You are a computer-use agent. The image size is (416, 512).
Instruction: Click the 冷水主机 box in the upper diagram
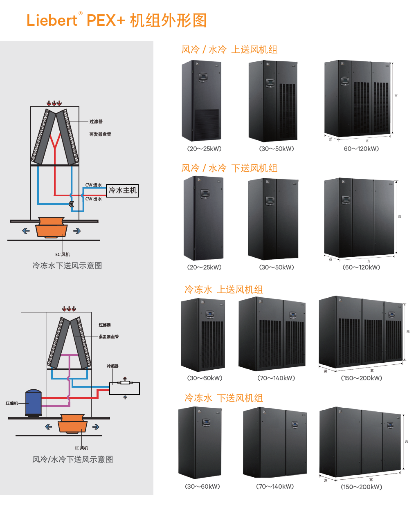[x=122, y=191]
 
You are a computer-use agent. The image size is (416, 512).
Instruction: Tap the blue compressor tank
[x=34, y=402]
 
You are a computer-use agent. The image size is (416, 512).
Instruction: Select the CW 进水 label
[x=94, y=185]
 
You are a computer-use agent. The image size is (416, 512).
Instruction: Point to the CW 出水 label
[x=94, y=199]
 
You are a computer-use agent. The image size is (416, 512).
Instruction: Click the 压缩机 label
[x=11, y=403]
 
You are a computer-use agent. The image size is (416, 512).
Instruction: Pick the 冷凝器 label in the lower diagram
[x=112, y=366]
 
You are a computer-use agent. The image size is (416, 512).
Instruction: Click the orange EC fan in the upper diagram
[x=52, y=227]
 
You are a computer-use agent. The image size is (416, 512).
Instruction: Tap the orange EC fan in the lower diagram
[x=72, y=424]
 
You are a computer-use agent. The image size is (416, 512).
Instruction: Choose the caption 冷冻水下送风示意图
[x=67, y=266]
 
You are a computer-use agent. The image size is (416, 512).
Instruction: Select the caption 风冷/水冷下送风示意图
[x=72, y=460]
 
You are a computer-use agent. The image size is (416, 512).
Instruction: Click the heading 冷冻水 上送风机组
[x=223, y=290]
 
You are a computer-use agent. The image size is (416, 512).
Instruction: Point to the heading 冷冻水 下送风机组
[x=223, y=398]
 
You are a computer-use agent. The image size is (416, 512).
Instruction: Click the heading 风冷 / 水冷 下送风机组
[x=229, y=168]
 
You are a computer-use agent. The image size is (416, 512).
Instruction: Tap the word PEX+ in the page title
[x=106, y=20]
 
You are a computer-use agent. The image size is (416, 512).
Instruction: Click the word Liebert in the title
[x=52, y=20]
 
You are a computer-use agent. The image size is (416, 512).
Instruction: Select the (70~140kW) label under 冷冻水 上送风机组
[x=276, y=378]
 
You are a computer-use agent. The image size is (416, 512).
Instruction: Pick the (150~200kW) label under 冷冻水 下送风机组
[x=362, y=487]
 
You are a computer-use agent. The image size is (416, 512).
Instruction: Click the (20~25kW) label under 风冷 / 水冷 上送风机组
[x=204, y=149]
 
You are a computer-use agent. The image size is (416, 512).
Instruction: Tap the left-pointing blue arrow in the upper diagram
[x=26, y=231]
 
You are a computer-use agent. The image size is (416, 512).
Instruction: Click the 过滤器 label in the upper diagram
[x=96, y=121]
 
